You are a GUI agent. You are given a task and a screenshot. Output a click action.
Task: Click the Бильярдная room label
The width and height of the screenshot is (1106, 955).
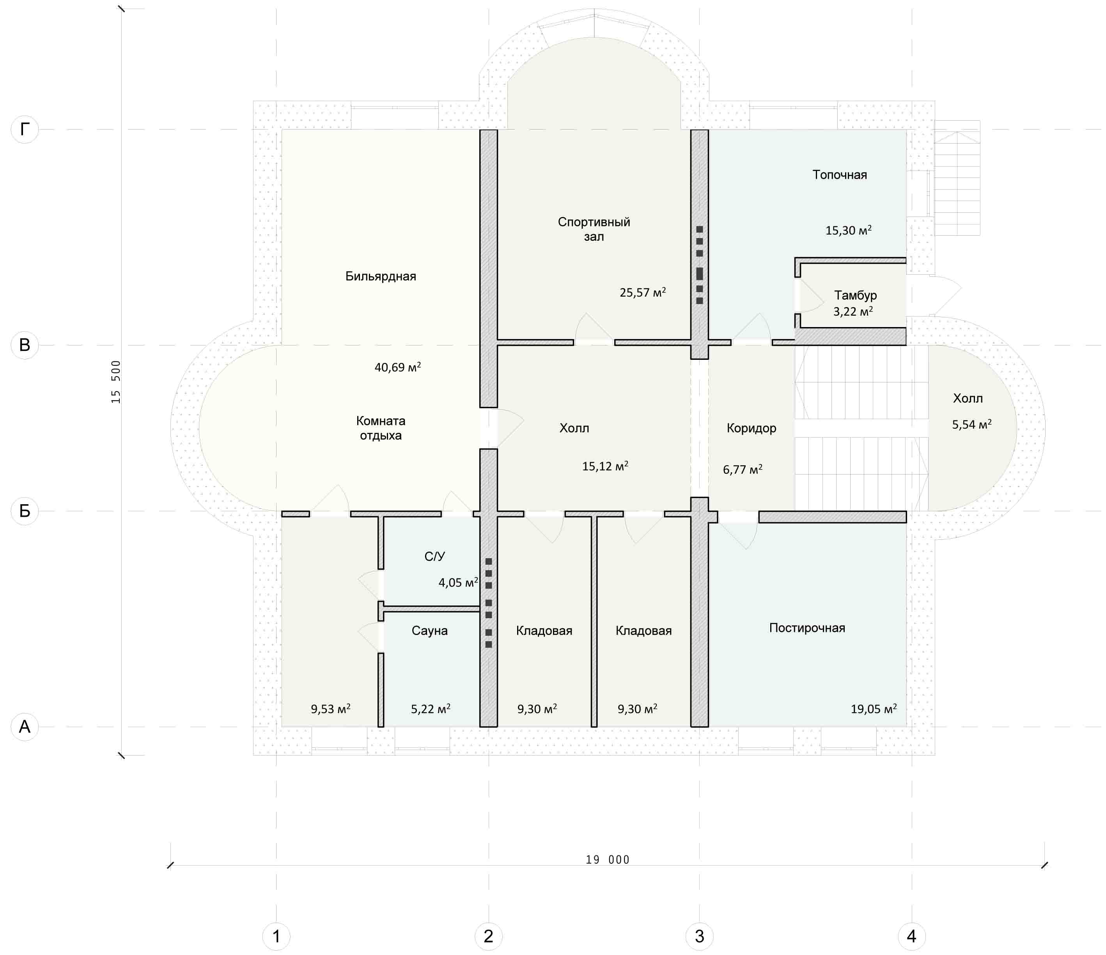click(x=381, y=276)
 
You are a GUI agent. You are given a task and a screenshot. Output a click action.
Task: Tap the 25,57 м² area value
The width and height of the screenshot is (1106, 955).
click(x=643, y=292)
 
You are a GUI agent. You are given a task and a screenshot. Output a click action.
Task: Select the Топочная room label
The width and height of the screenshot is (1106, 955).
click(x=840, y=175)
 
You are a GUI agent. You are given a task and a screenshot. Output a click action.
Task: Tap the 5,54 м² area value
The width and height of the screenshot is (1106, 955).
click(x=972, y=424)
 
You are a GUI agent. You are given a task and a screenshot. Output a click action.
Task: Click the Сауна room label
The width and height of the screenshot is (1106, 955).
click(x=430, y=630)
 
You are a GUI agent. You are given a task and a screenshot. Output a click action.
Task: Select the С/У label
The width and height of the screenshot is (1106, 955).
click(x=434, y=557)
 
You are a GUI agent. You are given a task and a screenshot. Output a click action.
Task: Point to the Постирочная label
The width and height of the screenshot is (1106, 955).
click(x=807, y=628)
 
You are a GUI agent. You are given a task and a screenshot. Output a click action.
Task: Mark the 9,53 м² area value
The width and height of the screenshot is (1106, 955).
click(x=330, y=709)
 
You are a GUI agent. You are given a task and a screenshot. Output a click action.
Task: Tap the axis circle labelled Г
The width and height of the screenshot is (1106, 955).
click(x=25, y=129)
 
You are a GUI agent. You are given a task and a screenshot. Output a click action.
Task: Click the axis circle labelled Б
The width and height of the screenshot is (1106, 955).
click(x=25, y=511)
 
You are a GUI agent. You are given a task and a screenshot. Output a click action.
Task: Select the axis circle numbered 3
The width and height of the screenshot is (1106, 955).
click(x=699, y=936)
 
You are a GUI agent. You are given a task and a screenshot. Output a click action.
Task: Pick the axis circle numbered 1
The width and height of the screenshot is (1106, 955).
click(x=276, y=936)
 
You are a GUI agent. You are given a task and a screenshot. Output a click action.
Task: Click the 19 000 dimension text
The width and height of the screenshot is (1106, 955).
click(x=608, y=859)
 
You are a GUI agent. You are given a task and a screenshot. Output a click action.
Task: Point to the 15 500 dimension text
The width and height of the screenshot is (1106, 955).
click(x=116, y=382)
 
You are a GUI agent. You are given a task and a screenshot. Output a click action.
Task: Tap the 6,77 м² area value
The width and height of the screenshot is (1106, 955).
click(x=743, y=469)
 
